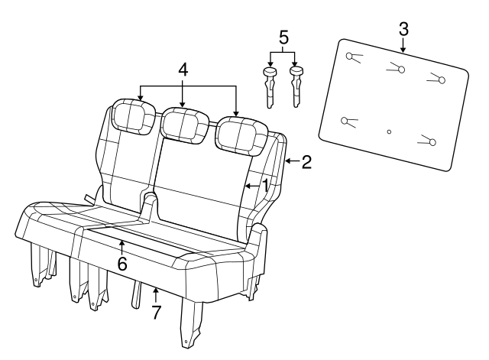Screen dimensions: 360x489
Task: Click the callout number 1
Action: [x=264, y=184]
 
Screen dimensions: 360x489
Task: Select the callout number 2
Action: [x=306, y=162]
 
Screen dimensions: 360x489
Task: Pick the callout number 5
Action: [x=284, y=36]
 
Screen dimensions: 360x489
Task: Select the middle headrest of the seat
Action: [x=184, y=123]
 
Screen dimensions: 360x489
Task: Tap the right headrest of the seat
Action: [x=238, y=132]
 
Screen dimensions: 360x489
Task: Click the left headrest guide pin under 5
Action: [x=270, y=86]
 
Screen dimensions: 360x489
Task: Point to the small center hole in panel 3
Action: [x=389, y=131]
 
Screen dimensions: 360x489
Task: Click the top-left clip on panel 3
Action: [x=352, y=57]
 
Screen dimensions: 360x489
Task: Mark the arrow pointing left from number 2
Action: [x=290, y=162]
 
